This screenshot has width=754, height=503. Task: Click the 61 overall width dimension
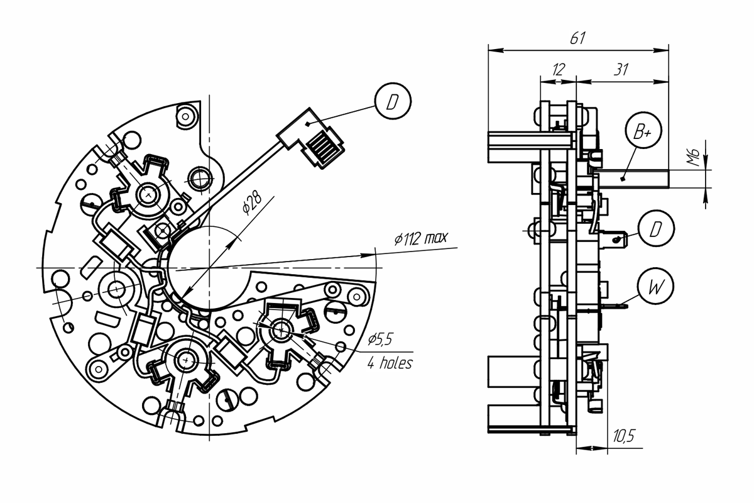pos(577,38)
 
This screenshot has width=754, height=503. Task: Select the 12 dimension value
pos(558,70)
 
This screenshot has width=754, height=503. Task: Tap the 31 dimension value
pos(621,70)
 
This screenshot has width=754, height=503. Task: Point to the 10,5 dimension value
pos(623,436)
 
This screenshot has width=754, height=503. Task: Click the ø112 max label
pos(421,238)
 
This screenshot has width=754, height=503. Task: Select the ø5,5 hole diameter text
pos(380,339)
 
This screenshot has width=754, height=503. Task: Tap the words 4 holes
pos(390,363)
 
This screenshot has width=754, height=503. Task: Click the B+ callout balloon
pos(643,130)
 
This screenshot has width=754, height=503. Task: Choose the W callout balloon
pos(655,286)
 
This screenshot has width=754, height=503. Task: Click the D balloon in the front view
pos(393,101)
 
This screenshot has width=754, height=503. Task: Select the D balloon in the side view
pos(656,228)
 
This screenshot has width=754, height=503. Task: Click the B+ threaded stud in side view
pos(632,179)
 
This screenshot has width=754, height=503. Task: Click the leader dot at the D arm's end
pos(307,124)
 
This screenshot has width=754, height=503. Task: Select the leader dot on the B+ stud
pos(623,179)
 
